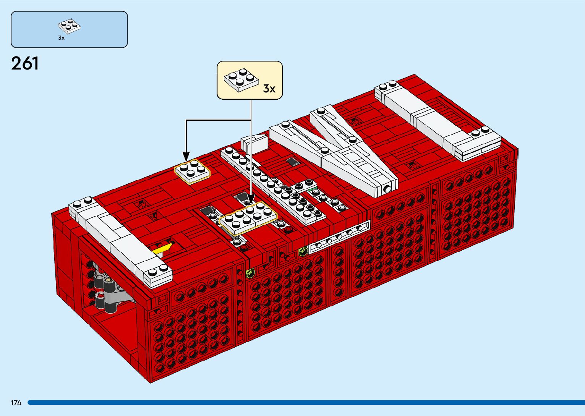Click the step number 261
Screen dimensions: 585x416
(x=25, y=63)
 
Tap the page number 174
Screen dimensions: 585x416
(x=16, y=403)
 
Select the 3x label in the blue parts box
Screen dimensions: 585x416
(x=61, y=38)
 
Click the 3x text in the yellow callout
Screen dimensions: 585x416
(x=269, y=89)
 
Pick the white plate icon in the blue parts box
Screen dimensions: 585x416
(x=70, y=26)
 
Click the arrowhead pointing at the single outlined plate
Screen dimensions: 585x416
(x=186, y=157)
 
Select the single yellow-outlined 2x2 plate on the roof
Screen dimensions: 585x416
(x=192, y=172)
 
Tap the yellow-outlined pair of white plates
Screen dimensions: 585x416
(x=248, y=218)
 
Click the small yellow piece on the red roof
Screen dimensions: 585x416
(x=162, y=249)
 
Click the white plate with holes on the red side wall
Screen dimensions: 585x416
(x=339, y=237)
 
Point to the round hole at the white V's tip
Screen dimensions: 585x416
(x=387, y=189)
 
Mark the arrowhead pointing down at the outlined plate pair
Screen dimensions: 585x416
(x=251, y=200)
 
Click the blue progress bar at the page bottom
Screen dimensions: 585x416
(x=306, y=403)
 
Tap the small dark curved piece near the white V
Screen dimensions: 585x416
(x=293, y=162)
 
